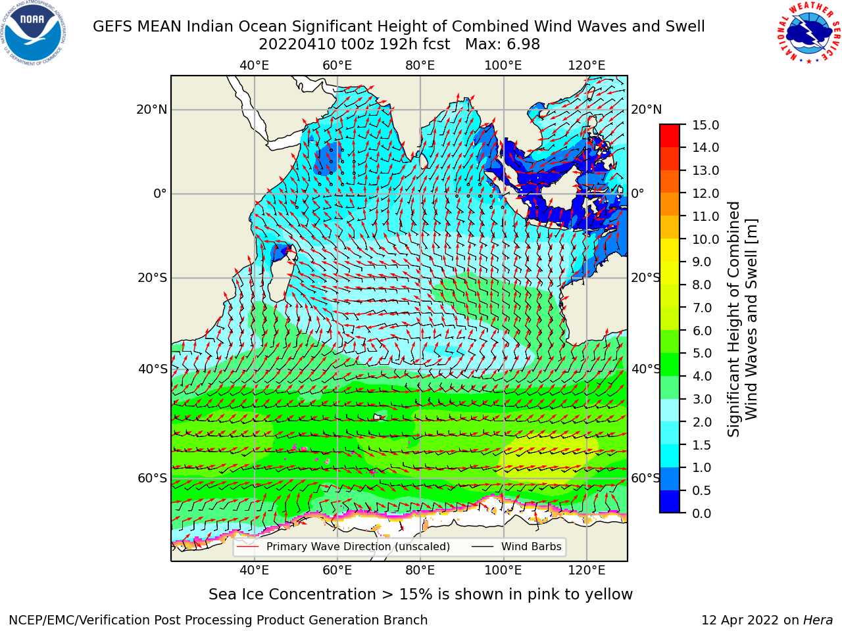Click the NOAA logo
tap(34, 34)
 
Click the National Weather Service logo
tap(808, 32)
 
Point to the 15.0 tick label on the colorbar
tap(705, 125)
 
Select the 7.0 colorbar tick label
tap(702, 308)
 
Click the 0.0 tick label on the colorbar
tap(702, 513)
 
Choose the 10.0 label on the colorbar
tap(705, 239)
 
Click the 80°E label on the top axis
tap(420, 66)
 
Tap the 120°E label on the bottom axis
tap(587, 570)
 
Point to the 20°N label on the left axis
tap(152, 110)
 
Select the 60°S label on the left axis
tap(153, 478)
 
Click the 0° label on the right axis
tap(637, 193)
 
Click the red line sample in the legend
tap(247, 547)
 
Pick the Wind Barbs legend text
tap(532, 546)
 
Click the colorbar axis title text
tap(742, 319)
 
